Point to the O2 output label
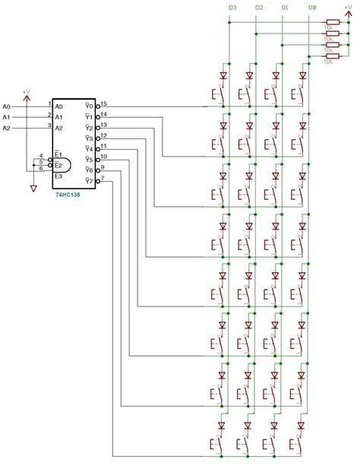click(x=259, y=7)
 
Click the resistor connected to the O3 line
click(x=332, y=22)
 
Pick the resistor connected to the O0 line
click(x=332, y=56)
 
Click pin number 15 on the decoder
click(x=103, y=103)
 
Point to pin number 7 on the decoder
click(x=103, y=177)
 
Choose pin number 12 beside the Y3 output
click(x=103, y=135)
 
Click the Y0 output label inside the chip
click(x=89, y=106)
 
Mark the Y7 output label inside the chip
click(x=89, y=182)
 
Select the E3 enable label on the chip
click(x=58, y=176)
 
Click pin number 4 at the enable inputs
click(x=41, y=156)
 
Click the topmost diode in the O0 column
click(x=304, y=75)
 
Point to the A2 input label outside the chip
click(x=7, y=128)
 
